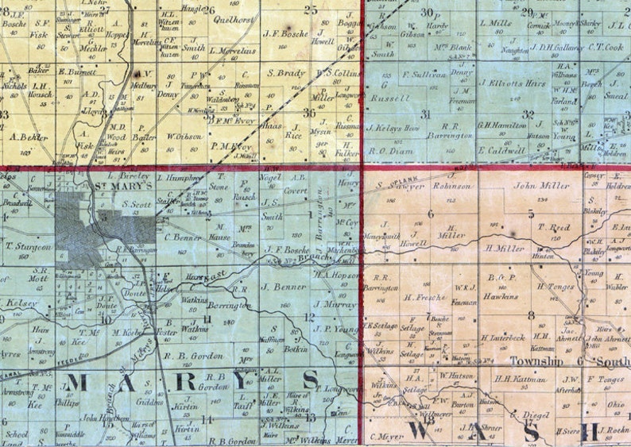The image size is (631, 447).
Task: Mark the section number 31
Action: pos(426,114)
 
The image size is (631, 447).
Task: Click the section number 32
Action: pos(528,114)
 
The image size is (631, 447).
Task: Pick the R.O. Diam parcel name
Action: pos(391,149)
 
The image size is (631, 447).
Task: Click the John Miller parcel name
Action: pos(541,186)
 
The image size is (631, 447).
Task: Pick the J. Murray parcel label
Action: pos(332,303)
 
